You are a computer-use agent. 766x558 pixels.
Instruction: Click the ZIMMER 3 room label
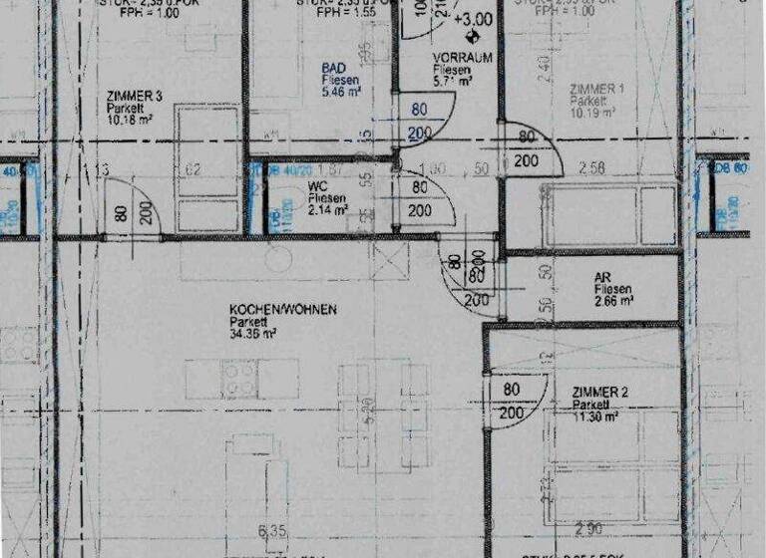pyautogui.click(x=134, y=97)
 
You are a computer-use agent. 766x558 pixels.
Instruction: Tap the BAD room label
pyautogui.click(x=332, y=68)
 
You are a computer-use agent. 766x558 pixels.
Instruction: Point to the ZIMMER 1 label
pyautogui.click(x=596, y=89)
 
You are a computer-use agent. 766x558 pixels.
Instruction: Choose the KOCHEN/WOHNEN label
pyautogui.click(x=282, y=310)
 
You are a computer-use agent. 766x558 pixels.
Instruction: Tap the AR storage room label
pyautogui.click(x=602, y=279)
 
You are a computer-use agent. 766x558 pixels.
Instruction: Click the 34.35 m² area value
pyautogui.click(x=252, y=334)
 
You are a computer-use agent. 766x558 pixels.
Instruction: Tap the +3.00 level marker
pyautogui.click(x=472, y=19)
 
